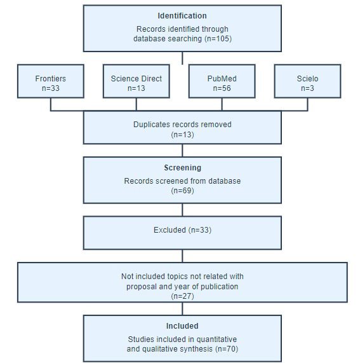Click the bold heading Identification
coord(182,16)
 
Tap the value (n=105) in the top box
coord(218,38)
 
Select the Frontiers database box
coord(51,81)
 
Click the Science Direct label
coord(136,79)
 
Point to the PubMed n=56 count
coord(222,88)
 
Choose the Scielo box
coord(307,81)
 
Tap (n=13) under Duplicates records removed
coord(182,135)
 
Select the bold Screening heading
coord(182,168)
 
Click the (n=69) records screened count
coord(182,191)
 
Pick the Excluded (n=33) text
coord(182,230)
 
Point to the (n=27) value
coord(182,296)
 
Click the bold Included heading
coord(182,326)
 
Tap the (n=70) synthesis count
coord(227,349)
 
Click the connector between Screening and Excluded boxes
coord(182,210)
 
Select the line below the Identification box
coord(182,58)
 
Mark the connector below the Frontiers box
coord(51,104)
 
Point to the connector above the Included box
coord(182,308)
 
